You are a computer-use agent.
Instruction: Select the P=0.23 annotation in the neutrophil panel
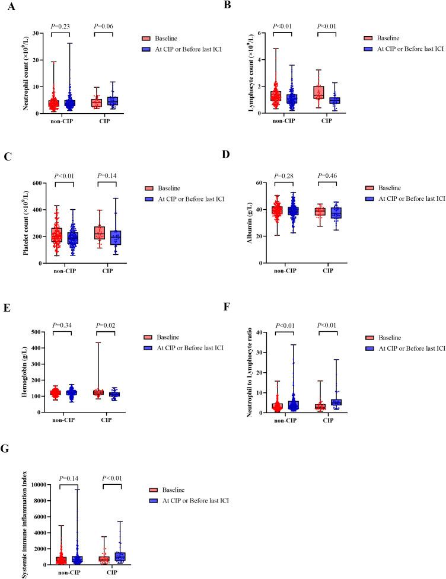click(x=60, y=26)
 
